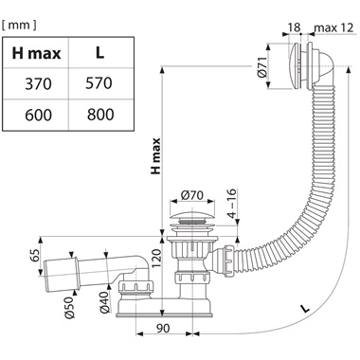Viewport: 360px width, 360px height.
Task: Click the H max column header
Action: click(x=36, y=52)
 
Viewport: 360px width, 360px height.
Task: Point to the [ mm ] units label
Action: click(x=19, y=26)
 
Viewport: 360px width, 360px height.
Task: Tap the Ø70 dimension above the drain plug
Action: click(x=192, y=195)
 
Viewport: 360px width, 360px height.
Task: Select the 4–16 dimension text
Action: click(x=232, y=204)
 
